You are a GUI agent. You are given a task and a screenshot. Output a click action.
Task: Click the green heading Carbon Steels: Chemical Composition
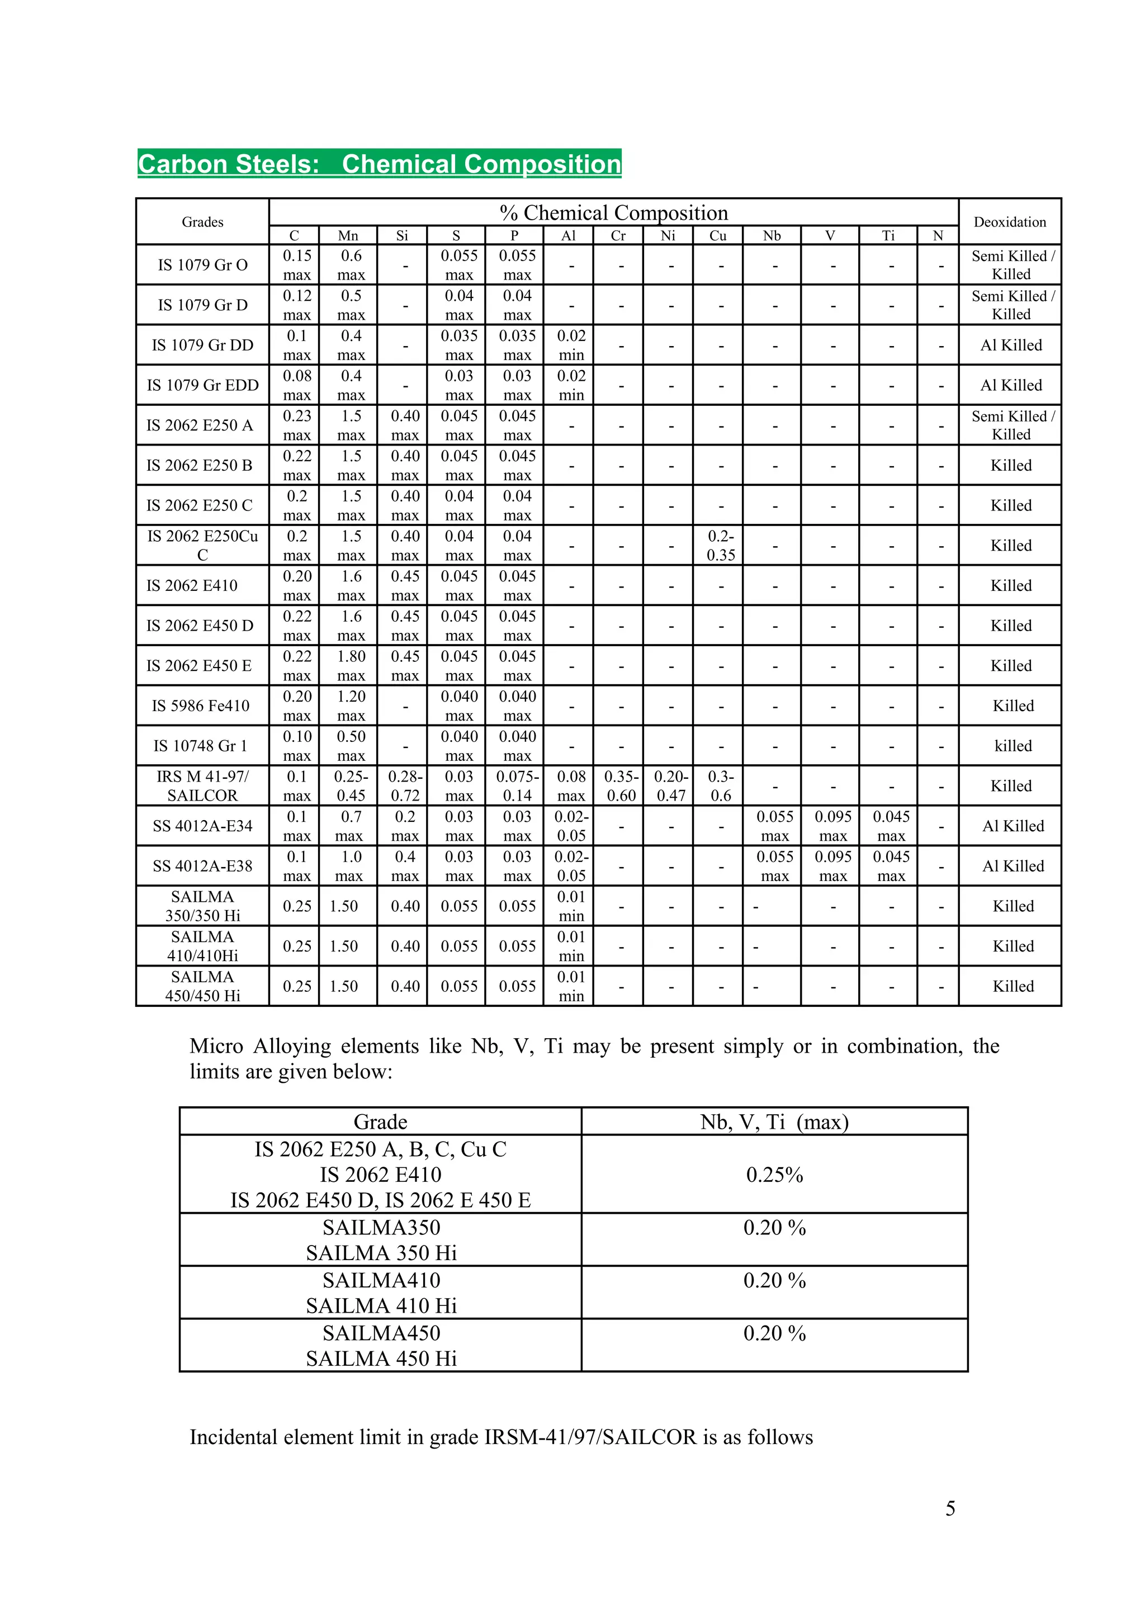(379, 164)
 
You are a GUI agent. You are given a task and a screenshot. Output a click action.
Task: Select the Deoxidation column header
(1010, 222)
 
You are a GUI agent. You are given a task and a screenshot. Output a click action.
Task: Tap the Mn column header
(348, 235)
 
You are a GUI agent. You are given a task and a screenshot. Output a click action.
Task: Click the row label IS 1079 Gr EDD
(202, 385)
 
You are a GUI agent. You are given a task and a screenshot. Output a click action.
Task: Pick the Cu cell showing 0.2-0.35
(720, 545)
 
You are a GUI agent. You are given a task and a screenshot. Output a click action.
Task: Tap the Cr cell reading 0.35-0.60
(621, 785)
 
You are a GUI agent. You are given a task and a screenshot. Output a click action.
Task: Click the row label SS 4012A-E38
(202, 866)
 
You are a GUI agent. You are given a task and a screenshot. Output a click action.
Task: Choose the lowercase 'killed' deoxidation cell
(1012, 746)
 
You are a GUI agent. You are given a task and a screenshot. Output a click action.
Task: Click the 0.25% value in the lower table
(774, 1175)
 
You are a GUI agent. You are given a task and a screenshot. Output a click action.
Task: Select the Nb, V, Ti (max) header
(774, 1122)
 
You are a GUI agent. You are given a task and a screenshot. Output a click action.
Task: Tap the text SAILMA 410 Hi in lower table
(381, 1306)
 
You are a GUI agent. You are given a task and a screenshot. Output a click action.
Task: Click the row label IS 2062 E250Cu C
(202, 545)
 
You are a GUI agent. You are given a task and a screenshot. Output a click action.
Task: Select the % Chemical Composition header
(613, 213)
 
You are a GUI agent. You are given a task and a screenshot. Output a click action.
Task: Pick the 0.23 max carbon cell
(297, 425)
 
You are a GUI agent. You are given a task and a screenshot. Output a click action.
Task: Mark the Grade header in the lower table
(380, 1122)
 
